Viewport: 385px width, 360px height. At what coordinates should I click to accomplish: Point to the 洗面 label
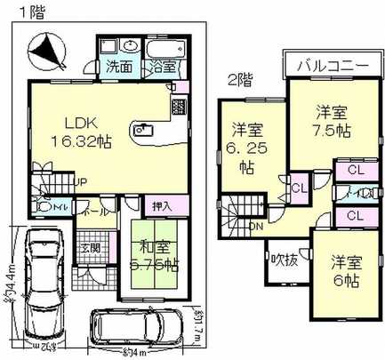pos(120,66)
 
